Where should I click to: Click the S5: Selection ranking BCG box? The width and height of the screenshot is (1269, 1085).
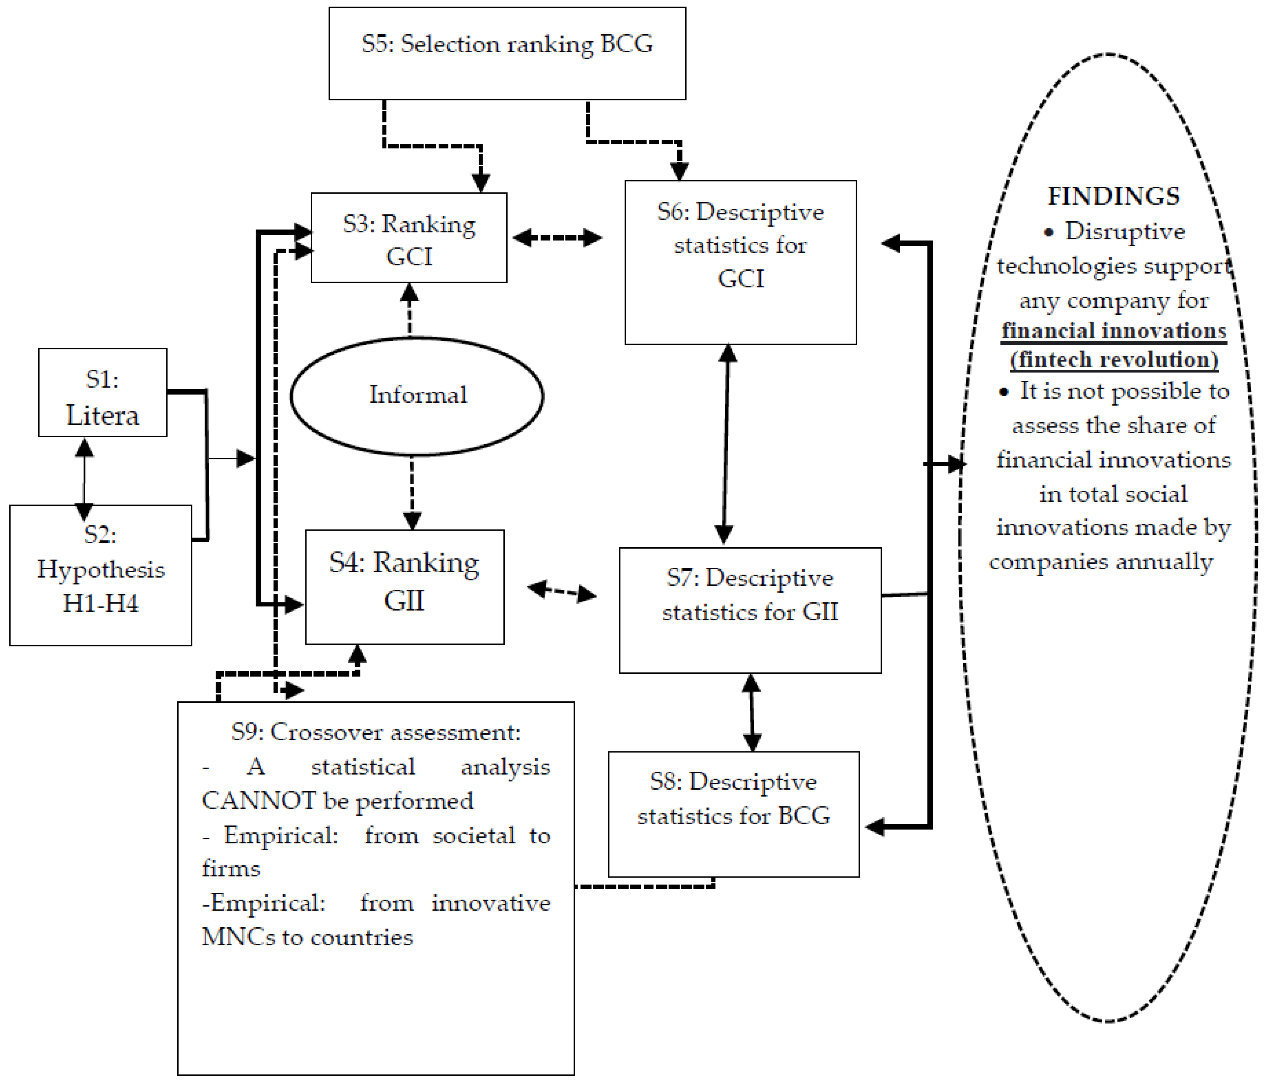click(x=507, y=53)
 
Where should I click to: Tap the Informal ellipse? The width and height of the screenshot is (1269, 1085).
click(x=417, y=395)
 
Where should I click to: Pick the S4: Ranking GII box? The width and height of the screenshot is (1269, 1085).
click(x=404, y=586)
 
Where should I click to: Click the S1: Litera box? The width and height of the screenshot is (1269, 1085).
click(x=102, y=393)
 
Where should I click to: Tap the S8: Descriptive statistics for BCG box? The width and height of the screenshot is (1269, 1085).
click(x=733, y=814)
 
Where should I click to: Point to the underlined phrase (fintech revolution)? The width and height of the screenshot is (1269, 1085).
click(x=1114, y=360)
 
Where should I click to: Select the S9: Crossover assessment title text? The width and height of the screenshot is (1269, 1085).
click(x=376, y=732)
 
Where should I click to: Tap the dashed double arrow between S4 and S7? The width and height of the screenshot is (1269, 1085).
click(x=562, y=591)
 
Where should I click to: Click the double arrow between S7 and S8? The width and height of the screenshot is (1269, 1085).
click(x=751, y=712)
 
